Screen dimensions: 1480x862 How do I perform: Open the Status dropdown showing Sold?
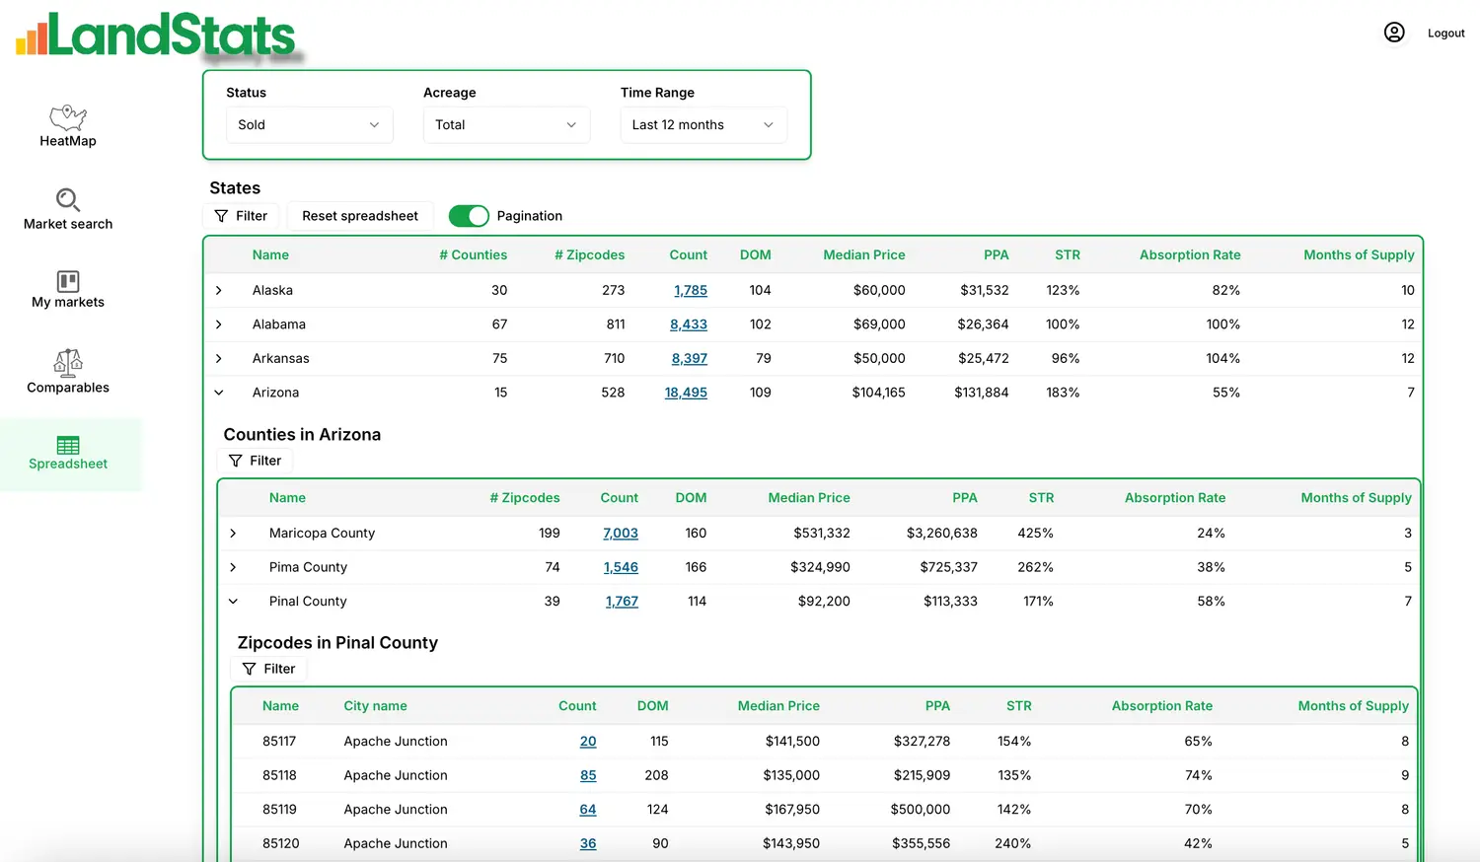(309, 125)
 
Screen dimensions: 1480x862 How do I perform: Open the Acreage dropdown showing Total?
(506, 125)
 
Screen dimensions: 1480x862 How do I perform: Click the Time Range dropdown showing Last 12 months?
(703, 125)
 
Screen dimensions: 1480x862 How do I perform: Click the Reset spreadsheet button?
(360, 216)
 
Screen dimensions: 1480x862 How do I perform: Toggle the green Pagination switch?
(469, 216)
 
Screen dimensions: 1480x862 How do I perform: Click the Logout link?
(1445, 33)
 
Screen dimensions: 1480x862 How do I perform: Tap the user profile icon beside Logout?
(1394, 33)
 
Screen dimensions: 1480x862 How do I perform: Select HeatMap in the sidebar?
(67, 126)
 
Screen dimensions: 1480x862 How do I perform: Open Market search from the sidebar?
(67, 209)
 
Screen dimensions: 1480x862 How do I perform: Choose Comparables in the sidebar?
(67, 372)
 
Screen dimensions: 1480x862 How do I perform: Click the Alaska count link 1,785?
(691, 290)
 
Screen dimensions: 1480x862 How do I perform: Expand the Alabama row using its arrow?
(219, 324)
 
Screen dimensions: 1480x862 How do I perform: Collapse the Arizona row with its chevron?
(219, 393)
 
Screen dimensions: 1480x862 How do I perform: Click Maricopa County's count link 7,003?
(621, 533)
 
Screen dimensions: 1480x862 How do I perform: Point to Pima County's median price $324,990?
(820, 567)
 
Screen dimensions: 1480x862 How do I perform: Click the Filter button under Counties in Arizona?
(255, 461)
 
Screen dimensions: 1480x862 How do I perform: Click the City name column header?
(375, 705)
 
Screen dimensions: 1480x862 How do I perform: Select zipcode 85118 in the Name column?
(279, 775)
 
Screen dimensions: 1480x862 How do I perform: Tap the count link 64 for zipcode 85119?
(588, 809)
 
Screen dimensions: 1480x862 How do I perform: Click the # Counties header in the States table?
(473, 255)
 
